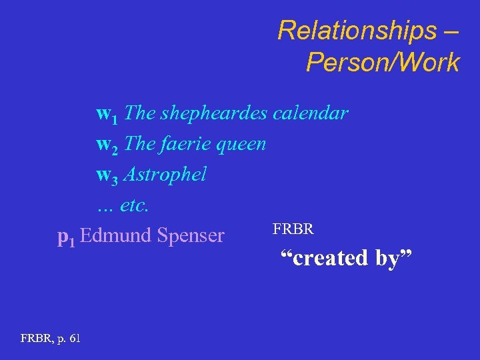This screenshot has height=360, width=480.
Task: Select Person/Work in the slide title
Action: coord(383,63)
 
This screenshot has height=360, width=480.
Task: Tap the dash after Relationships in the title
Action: coord(453,30)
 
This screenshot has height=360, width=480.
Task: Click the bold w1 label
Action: coord(107,114)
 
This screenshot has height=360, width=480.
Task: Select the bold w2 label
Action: coord(107,145)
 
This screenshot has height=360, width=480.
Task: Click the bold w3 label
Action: coord(107,175)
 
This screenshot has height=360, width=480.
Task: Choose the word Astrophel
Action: coord(165,175)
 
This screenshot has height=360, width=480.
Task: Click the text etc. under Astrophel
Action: coord(135,205)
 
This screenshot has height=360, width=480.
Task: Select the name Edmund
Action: coord(115,235)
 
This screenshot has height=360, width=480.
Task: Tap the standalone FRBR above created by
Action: coord(293,230)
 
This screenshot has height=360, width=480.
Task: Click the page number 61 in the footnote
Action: coord(74,339)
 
